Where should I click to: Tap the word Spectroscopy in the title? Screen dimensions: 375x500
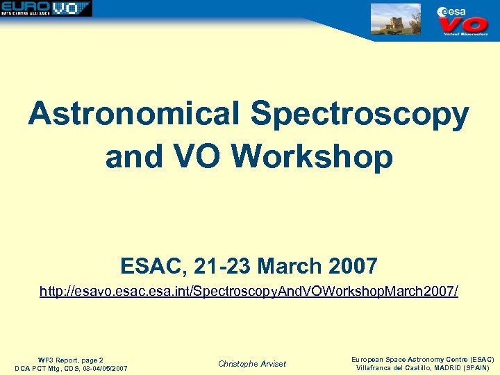point(360,114)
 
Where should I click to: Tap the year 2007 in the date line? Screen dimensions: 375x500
point(351,266)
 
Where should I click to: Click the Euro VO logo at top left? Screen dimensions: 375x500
point(46,8)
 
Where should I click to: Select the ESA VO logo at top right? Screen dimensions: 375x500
point(462,20)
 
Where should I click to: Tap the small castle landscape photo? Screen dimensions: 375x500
point(396,19)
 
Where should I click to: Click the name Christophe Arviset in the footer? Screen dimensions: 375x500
point(251,364)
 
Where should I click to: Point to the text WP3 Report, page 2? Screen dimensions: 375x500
point(71,360)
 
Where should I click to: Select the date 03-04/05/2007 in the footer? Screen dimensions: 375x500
point(101,368)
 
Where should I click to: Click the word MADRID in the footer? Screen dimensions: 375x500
point(440,367)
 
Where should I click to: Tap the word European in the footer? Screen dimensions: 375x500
point(371,359)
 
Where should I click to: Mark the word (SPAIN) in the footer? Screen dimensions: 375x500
point(475,367)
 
